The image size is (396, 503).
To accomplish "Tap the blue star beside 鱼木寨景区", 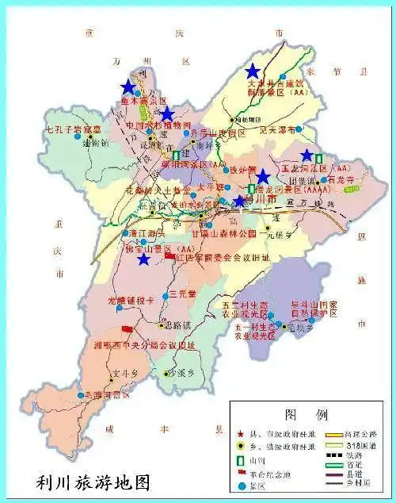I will [x=128, y=87].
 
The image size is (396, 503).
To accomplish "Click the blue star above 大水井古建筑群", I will [x=252, y=71].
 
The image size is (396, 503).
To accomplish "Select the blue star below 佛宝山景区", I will [x=143, y=259].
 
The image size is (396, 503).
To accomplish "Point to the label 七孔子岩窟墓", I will [x=74, y=129].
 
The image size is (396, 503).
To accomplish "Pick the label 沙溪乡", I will [x=176, y=372].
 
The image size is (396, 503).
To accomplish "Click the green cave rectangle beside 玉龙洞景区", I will [x=318, y=158].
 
